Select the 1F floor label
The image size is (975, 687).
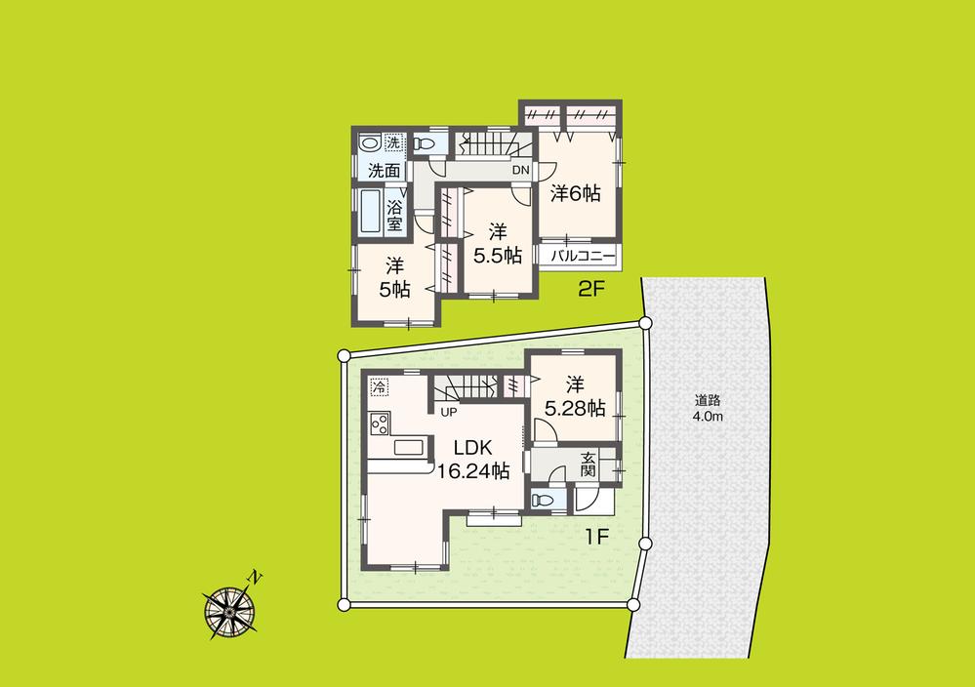click(x=597, y=536)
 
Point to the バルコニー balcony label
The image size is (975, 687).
click(x=583, y=257)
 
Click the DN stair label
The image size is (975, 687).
click(x=520, y=171)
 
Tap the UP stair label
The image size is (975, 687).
click(x=449, y=412)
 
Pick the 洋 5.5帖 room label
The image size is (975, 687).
click(x=498, y=244)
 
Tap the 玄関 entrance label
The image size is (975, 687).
click(x=589, y=465)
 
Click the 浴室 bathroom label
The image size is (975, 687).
click(x=394, y=215)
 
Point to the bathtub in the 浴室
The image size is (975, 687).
click(x=370, y=211)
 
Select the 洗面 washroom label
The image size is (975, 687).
click(x=384, y=171)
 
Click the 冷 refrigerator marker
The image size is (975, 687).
click(x=378, y=386)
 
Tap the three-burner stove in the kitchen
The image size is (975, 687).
click(x=379, y=424)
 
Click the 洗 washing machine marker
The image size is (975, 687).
click(x=392, y=143)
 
